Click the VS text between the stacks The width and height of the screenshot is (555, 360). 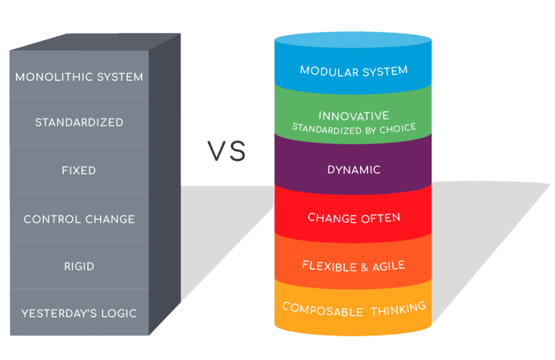pos(227,151)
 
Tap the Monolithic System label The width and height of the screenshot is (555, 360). pos(79,77)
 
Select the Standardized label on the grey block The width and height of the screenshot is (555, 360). pos(79,122)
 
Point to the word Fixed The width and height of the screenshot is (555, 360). pos(79,170)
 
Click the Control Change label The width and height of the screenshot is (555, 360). pos(79,219)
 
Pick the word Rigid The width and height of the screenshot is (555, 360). pos(79,266)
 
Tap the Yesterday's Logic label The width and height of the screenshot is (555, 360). pos(79,313)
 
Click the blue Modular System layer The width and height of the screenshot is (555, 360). pos(354,70)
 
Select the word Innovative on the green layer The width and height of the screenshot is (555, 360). pos(354,116)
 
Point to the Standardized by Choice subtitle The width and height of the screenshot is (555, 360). pos(354,129)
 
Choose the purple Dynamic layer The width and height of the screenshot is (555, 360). pos(354,170)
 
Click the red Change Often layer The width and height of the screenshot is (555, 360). pos(354,218)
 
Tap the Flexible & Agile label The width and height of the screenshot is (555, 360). pos(354,266)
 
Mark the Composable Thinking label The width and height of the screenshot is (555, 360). pos(354,309)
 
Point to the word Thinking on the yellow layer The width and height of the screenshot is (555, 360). pos(398,309)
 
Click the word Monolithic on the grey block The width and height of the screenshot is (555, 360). pos(52,77)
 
